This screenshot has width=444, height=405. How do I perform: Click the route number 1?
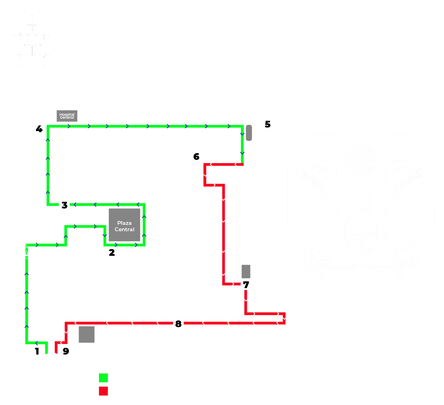[37, 351]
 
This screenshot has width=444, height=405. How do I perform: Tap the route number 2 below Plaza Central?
[112, 253]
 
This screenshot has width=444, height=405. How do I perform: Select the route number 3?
[64, 205]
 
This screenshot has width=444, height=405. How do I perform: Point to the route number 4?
[39, 129]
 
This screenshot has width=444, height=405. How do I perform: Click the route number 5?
[268, 124]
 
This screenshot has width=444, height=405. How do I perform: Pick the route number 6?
[196, 157]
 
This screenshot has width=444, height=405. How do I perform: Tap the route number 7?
[246, 285]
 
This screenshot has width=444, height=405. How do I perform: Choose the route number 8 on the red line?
[178, 324]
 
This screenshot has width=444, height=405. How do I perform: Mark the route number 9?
[66, 351]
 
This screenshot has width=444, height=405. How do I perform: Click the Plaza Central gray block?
[124, 225]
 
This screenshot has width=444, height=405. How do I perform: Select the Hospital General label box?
[67, 116]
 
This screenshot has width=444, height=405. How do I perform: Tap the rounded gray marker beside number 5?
[249, 133]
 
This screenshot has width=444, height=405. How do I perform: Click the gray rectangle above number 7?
[246, 271]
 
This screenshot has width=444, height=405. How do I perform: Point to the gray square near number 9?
[86, 334]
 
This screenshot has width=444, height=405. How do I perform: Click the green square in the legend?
[104, 378]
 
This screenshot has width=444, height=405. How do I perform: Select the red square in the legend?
[104, 391]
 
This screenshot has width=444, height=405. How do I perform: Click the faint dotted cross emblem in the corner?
[32, 41]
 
